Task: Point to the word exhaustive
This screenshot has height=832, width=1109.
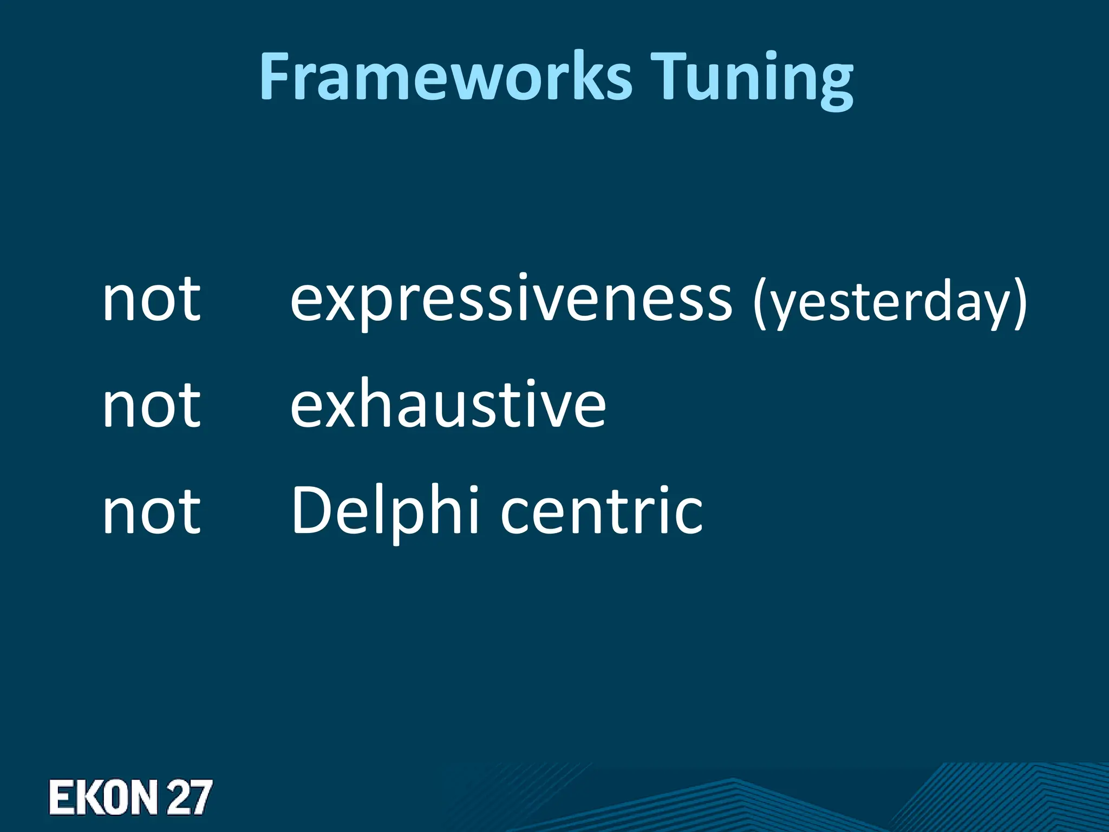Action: point(448,405)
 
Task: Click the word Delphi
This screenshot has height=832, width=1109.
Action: point(385,511)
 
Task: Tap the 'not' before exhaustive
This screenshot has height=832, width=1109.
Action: point(152,405)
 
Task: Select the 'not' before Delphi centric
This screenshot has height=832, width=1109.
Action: point(152,511)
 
